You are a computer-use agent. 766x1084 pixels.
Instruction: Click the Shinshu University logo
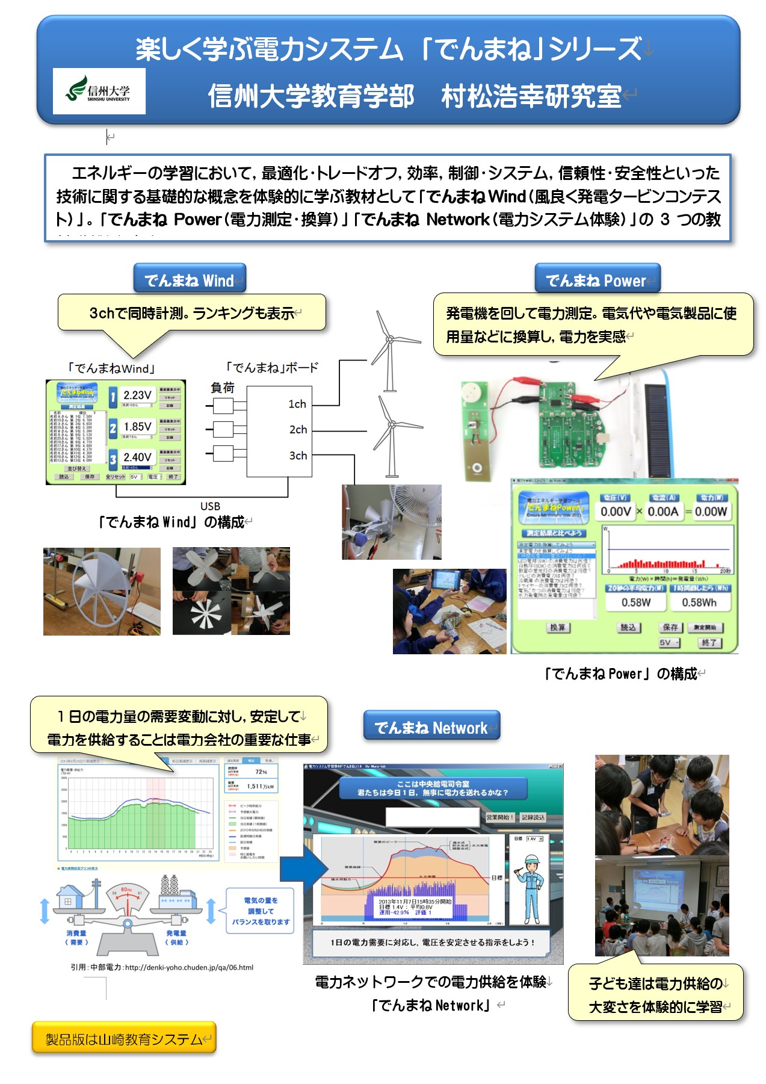pos(99,91)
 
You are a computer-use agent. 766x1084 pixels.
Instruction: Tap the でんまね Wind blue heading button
pos(190,280)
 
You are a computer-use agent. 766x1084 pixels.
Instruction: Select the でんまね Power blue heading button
pos(597,280)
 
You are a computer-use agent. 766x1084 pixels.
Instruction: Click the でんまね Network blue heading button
pos(431,728)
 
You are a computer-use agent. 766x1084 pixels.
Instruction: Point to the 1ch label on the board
pos(297,404)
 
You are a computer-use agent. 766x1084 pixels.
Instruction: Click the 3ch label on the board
pos(298,456)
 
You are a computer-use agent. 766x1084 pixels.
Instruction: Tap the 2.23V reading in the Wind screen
pos(137,395)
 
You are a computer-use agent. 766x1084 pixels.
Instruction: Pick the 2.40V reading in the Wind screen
pos(137,457)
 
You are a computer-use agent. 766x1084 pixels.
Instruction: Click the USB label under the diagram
pos(210,506)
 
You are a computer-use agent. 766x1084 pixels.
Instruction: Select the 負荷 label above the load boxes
pos(223,388)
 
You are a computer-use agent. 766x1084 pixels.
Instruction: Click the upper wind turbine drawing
pos(390,349)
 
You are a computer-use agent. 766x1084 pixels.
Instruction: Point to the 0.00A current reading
pos(663,512)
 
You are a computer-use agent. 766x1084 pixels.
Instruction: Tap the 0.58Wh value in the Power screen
pos(699,602)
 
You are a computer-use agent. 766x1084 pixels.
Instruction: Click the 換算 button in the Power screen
pos(558,627)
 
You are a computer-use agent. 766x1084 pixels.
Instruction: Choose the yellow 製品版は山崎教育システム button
pos(124,1039)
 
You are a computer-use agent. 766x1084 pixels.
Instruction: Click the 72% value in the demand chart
pos(261,772)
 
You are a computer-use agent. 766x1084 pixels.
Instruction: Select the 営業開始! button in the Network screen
pos(500,817)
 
